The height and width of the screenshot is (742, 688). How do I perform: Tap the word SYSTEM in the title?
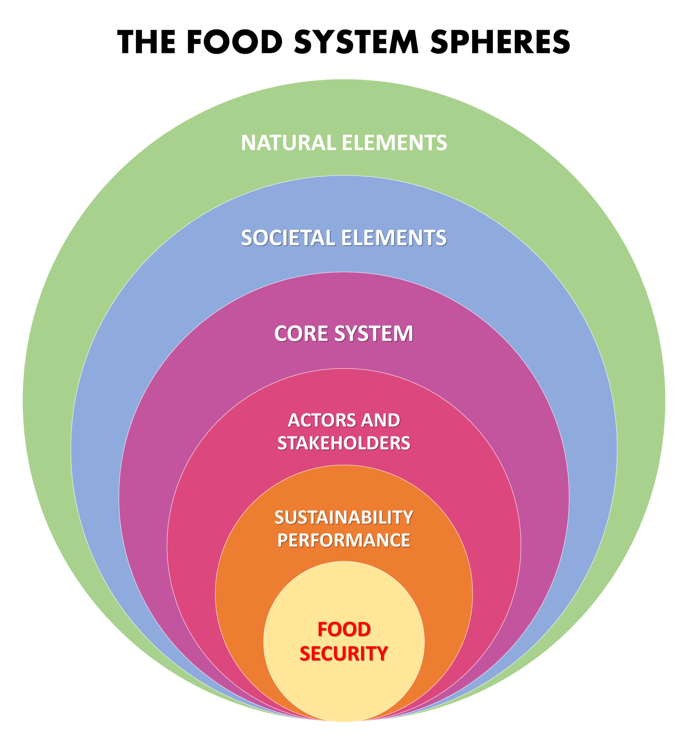click(356, 42)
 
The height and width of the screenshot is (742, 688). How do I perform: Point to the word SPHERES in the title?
click(500, 42)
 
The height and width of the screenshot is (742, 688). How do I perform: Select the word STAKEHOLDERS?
click(344, 443)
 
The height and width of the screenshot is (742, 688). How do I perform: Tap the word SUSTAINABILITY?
click(344, 518)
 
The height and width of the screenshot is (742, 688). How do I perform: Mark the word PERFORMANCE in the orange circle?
click(344, 540)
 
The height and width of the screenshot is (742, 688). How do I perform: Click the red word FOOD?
click(344, 629)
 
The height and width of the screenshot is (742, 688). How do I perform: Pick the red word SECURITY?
click(344, 653)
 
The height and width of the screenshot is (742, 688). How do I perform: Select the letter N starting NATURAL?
click(249, 143)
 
